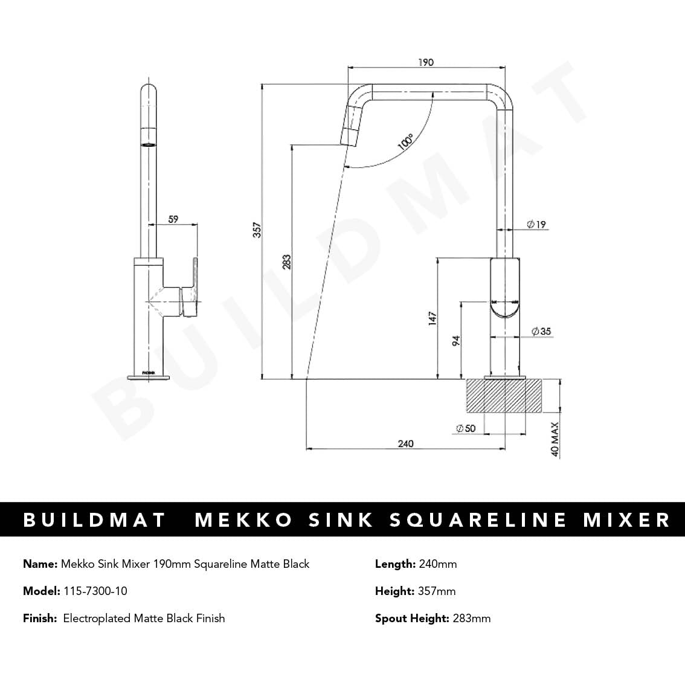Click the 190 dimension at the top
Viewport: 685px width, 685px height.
point(425,62)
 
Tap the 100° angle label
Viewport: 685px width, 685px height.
point(405,143)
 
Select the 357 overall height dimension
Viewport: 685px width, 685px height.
point(257,230)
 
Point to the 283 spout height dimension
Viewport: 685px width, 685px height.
point(287,261)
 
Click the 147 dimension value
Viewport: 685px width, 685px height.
point(432,319)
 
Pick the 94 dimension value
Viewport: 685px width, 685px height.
point(456,341)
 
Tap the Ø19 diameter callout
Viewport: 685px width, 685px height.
point(536,225)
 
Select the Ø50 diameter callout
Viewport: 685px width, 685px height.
point(466,428)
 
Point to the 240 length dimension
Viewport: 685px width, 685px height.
point(406,444)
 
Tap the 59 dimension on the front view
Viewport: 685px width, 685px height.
point(173,220)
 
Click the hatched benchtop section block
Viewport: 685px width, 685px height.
point(504,396)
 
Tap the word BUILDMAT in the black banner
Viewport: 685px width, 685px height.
point(95,520)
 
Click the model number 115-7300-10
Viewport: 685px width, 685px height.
point(95,591)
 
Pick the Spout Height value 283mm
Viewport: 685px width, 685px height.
point(471,618)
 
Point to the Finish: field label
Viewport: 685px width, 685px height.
point(40,618)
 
